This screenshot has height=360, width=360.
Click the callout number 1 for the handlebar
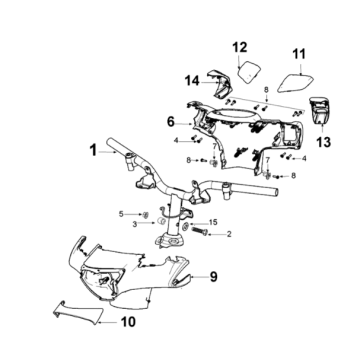(93, 150)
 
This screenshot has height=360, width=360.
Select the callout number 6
(171, 122)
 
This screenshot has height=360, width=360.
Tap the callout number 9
(213, 276)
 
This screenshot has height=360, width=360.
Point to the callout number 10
(128, 322)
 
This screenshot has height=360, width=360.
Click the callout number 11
(299, 54)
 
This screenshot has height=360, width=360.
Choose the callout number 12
(240, 47)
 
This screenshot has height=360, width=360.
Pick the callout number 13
(323, 142)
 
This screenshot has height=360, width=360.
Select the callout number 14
(193, 81)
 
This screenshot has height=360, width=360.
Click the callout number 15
(213, 222)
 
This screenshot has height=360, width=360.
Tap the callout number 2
(229, 234)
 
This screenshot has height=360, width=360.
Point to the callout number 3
(135, 224)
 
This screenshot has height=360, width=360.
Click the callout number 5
(121, 214)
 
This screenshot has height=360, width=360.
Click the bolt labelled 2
(199, 230)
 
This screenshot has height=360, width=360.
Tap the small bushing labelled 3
(161, 221)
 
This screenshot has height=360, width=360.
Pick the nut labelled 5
(145, 215)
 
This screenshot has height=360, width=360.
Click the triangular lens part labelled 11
(295, 82)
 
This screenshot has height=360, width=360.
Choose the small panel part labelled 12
(249, 71)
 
